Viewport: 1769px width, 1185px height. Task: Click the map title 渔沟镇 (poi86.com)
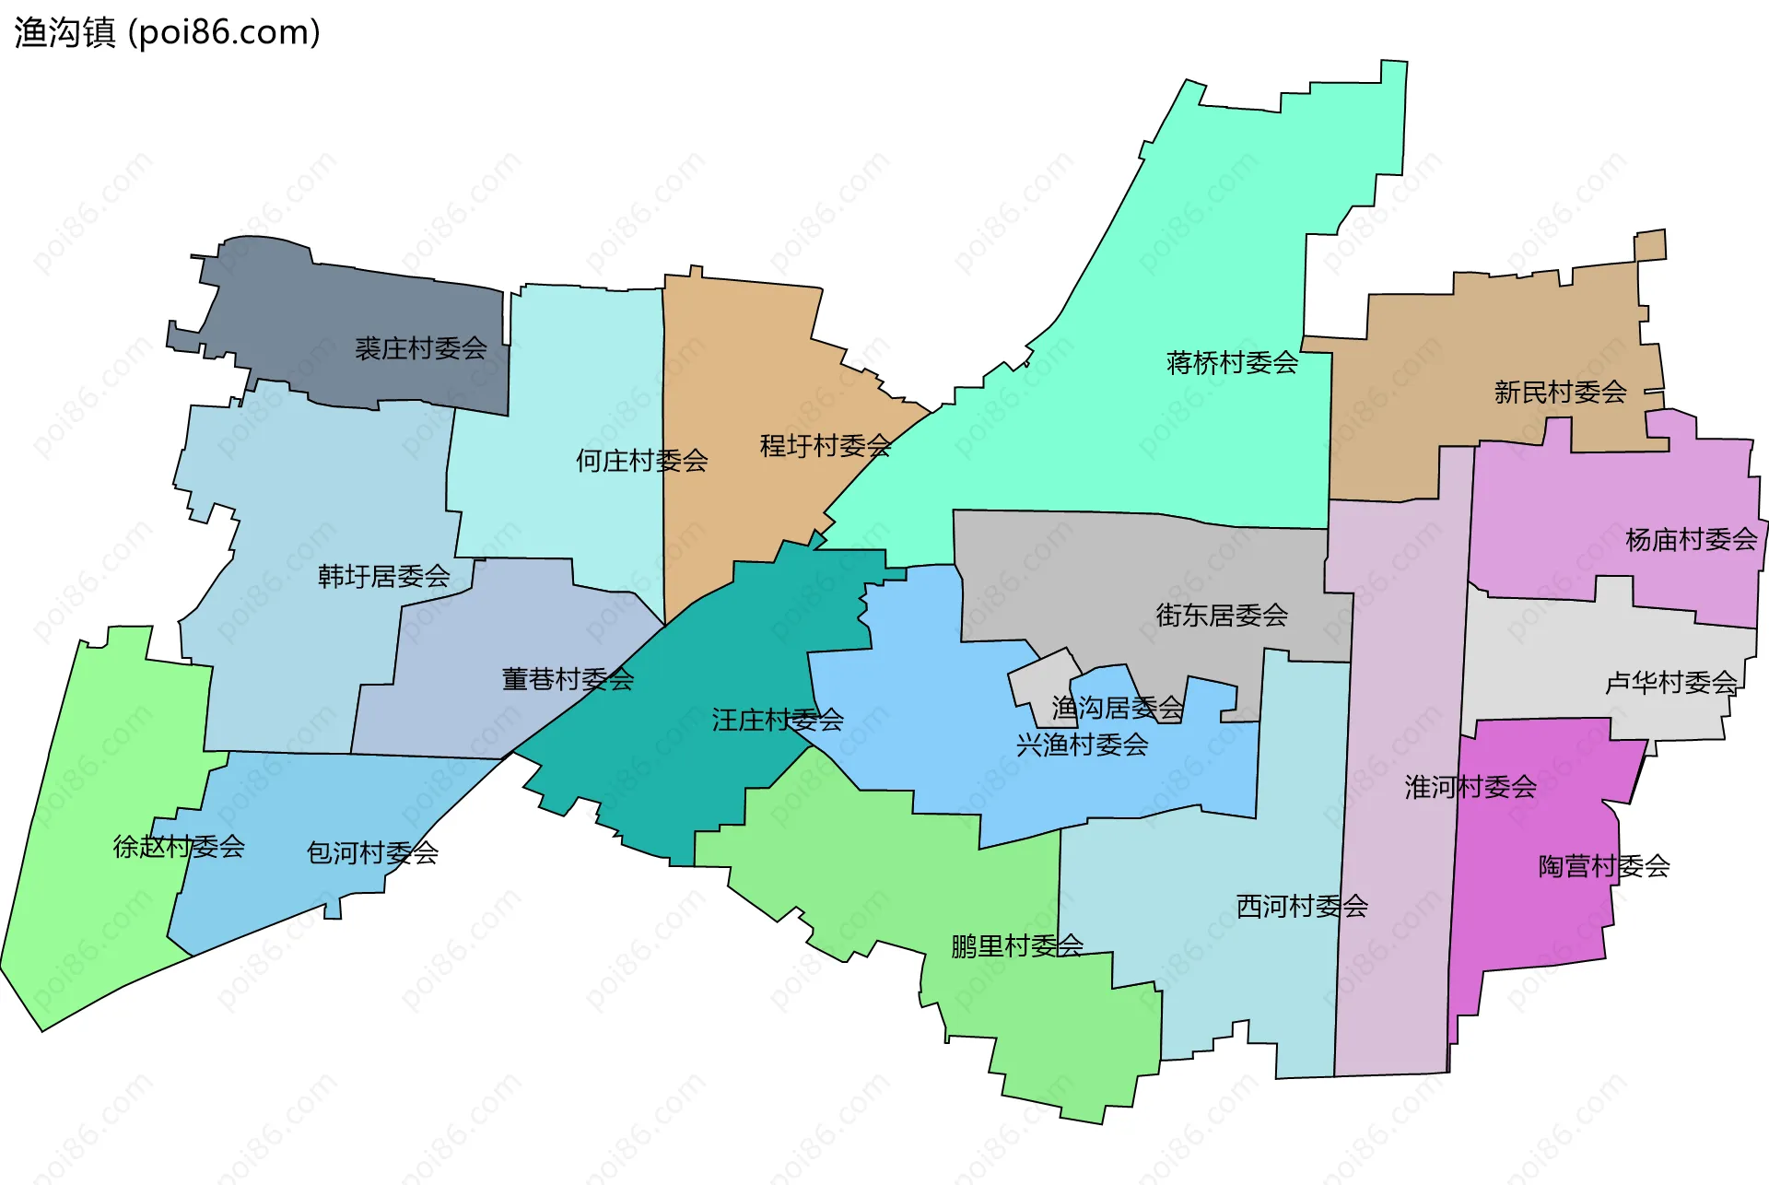tap(167, 32)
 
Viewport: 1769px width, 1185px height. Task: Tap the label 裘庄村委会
tap(420, 348)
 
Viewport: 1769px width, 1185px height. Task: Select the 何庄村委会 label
tap(641, 460)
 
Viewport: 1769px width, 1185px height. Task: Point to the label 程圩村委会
tap(825, 446)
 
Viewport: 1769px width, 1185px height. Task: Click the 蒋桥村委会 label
tap(1232, 363)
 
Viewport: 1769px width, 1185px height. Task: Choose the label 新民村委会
tap(1560, 393)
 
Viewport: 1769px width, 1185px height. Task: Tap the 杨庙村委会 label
tap(1691, 540)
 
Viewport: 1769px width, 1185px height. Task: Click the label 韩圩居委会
tap(383, 577)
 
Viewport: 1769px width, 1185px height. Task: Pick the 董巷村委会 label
tap(568, 680)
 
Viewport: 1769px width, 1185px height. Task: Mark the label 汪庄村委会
tap(777, 721)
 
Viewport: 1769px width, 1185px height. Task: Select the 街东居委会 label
tap(1222, 616)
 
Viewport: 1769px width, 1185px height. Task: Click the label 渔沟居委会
tap(1117, 709)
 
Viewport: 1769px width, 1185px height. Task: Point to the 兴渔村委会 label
tap(1082, 745)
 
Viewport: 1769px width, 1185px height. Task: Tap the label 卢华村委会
tap(1670, 683)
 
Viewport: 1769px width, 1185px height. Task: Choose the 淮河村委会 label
tap(1470, 787)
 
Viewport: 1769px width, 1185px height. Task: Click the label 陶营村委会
tap(1603, 866)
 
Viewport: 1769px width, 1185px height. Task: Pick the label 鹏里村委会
tap(1016, 946)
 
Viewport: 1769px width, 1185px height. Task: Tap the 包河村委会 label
tap(371, 853)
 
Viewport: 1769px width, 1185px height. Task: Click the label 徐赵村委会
tap(178, 847)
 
